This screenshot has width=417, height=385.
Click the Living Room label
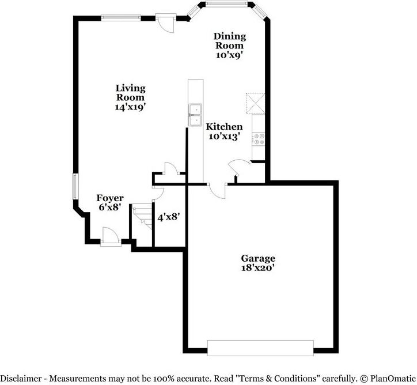click(x=130, y=93)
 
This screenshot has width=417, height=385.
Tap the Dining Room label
click(x=229, y=40)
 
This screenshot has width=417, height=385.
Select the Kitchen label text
click(x=225, y=127)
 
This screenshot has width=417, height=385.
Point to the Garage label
click(x=258, y=259)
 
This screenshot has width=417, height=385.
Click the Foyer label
click(x=109, y=198)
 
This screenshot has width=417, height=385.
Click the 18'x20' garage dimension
click(x=258, y=268)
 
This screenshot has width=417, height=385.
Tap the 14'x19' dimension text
click(x=130, y=107)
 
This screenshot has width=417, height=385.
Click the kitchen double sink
click(x=195, y=114)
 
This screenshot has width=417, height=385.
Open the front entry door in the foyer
click(x=109, y=237)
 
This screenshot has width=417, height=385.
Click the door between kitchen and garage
click(x=217, y=190)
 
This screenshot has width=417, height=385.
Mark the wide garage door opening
click(x=260, y=348)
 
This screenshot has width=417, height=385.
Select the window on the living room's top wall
click(x=121, y=18)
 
